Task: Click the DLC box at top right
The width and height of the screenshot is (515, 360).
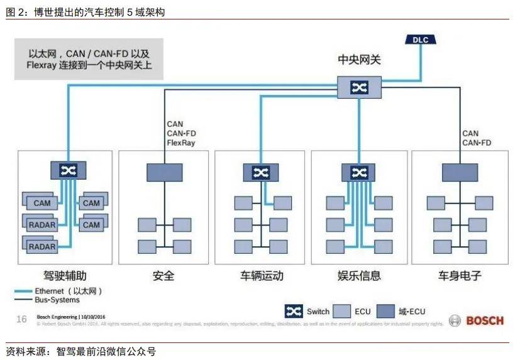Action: [419, 40]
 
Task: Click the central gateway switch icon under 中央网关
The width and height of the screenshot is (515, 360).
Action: [359, 87]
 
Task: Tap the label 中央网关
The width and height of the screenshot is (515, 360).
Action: [359, 60]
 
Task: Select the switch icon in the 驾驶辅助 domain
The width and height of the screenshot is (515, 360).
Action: [67, 170]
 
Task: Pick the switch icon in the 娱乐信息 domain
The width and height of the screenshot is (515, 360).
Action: [358, 172]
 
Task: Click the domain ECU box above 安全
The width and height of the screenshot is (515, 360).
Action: [164, 172]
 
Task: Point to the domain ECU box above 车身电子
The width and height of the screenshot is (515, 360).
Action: [460, 172]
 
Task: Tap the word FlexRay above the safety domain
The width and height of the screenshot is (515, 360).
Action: [181, 143]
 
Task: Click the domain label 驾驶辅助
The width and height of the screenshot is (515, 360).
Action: [66, 276]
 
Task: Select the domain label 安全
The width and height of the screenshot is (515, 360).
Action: [163, 276]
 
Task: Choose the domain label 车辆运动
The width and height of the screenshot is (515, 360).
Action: [262, 276]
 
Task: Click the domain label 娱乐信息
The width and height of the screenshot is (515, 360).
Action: [359, 276]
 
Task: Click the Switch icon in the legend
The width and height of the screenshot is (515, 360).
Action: [294, 311]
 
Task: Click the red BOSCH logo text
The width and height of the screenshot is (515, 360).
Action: [485, 320]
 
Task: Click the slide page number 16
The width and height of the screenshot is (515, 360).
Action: [21, 319]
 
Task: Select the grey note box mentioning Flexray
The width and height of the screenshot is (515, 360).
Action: [89, 59]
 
